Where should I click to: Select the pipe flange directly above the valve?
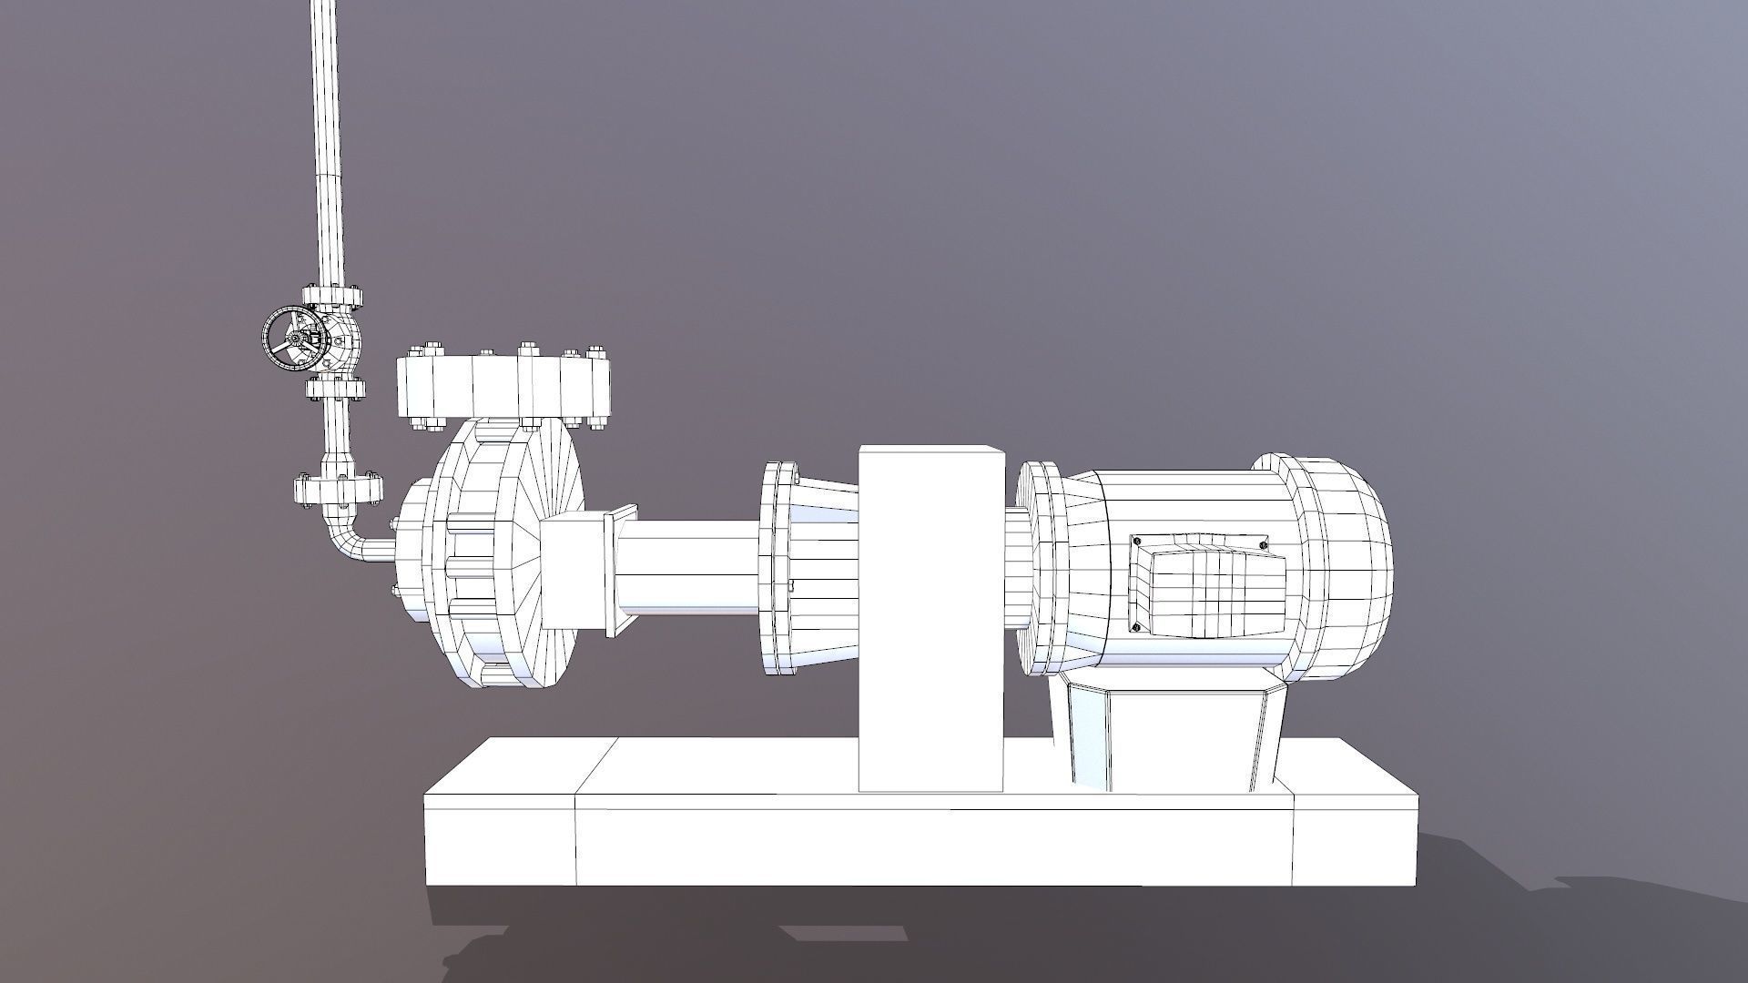coord(333,296)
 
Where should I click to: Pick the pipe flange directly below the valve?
coord(335,390)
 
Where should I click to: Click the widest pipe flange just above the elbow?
coord(337,489)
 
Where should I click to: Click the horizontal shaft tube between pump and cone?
coord(687,573)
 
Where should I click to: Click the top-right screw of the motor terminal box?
coord(1263,545)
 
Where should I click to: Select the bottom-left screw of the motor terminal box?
coord(1134,627)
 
